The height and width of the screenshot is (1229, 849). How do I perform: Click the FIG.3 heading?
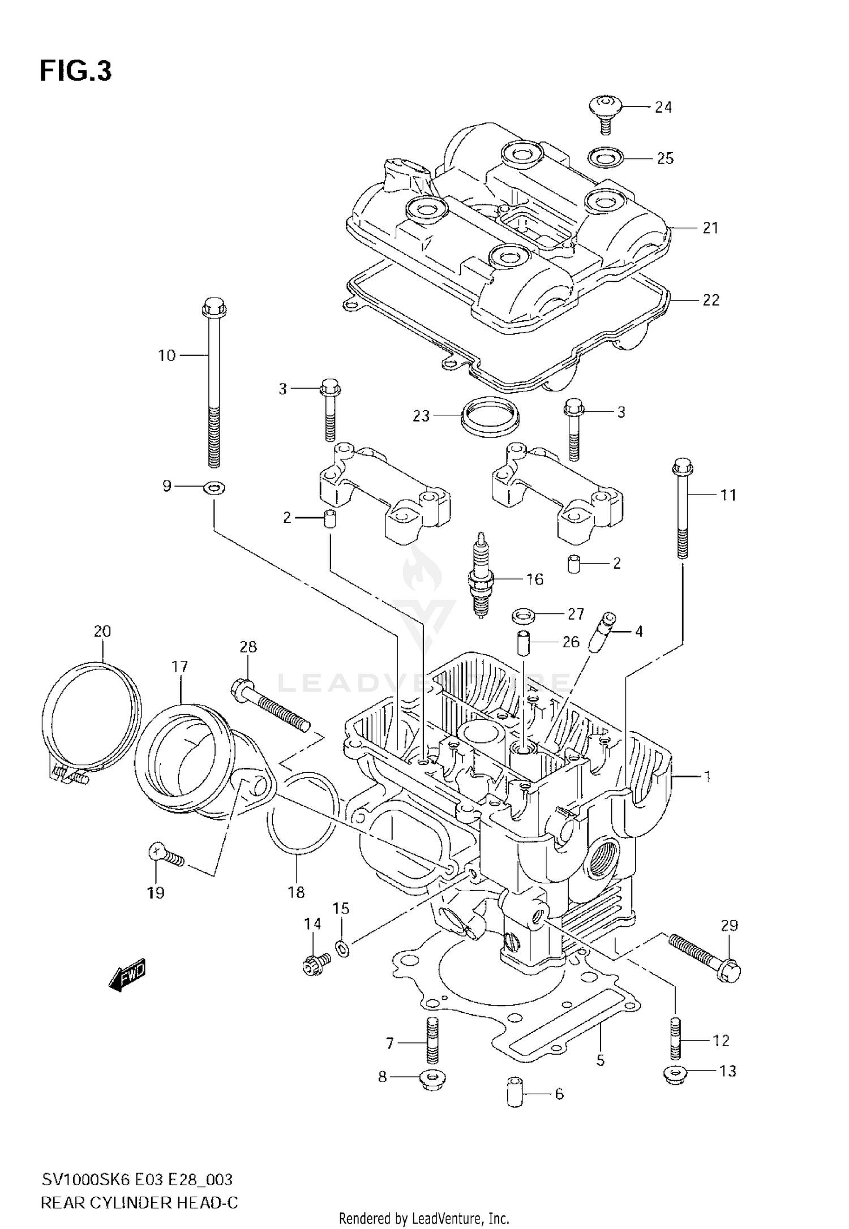click(x=76, y=72)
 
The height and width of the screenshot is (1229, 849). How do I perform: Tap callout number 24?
click(x=663, y=108)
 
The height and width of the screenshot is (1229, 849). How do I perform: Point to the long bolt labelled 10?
click(x=214, y=385)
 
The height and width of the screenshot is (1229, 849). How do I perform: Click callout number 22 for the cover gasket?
click(x=710, y=300)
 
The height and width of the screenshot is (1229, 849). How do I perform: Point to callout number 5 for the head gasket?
click(x=600, y=1060)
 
